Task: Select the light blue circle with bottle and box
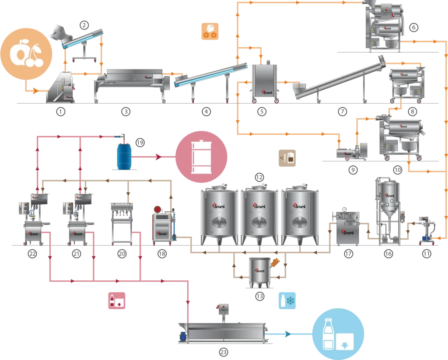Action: pos(338,335)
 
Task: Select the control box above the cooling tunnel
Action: pos(224,308)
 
